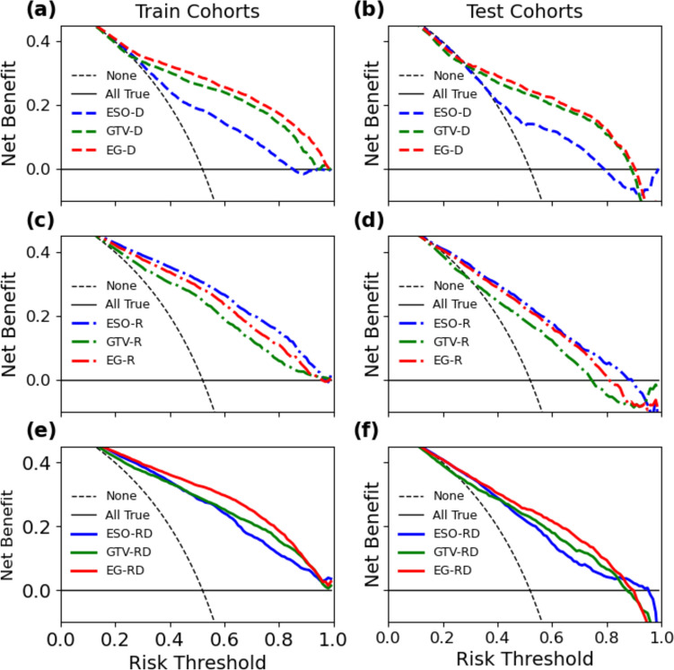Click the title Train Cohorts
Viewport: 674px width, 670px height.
click(197, 12)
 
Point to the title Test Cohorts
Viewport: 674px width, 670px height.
click(524, 12)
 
